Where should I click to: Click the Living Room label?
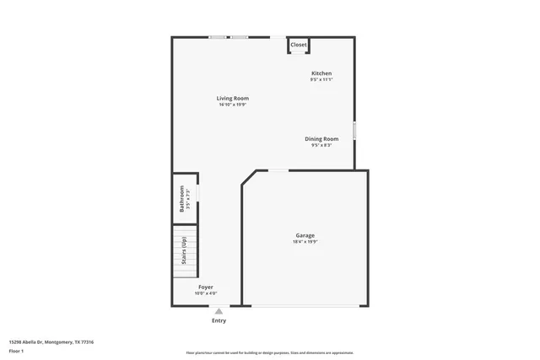(234, 99)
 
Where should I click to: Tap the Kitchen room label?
(321, 73)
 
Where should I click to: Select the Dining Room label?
(321, 138)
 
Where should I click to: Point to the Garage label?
(305, 235)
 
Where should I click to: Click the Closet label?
(299, 45)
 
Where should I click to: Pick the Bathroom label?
(181, 202)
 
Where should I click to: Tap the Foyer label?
(206, 287)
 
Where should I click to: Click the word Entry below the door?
(219, 320)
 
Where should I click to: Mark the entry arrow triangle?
(219, 310)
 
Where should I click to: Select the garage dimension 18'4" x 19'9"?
(305, 242)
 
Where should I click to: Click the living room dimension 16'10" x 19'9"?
(234, 105)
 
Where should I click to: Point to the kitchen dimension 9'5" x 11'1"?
(321, 80)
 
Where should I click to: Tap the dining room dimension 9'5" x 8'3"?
(321, 145)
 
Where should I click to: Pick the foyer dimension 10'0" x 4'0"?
(206, 293)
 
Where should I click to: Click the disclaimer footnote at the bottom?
(270, 352)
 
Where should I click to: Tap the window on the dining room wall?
(354, 131)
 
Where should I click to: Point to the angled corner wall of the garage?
(250, 178)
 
